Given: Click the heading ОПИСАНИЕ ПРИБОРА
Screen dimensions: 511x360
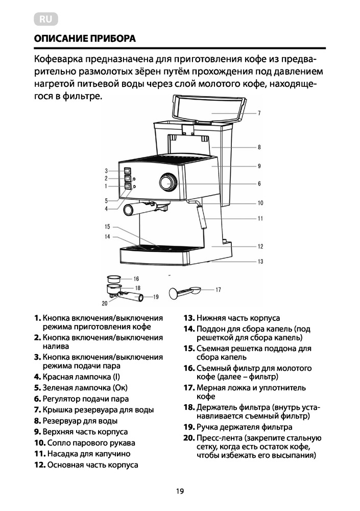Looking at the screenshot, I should [x=85, y=39].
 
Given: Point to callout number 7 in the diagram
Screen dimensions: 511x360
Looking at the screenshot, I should [x=259, y=113].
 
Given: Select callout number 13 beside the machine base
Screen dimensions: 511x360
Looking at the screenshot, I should [x=260, y=262].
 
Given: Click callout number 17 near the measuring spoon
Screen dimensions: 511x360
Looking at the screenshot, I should [x=218, y=289].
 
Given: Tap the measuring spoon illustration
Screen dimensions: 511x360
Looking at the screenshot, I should [x=183, y=292].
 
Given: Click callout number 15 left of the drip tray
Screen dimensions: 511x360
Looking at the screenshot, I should [x=107, y=226].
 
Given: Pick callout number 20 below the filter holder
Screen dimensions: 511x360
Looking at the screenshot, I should [x=105, y=303].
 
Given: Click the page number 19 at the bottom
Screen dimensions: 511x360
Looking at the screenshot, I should [x=179, y=492].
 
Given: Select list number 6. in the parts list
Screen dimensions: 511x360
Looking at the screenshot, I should [x=37, y=399].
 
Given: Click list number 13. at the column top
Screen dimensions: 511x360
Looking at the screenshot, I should [x=189, y=318].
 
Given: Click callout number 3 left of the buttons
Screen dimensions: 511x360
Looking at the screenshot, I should [x=106, y=171].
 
